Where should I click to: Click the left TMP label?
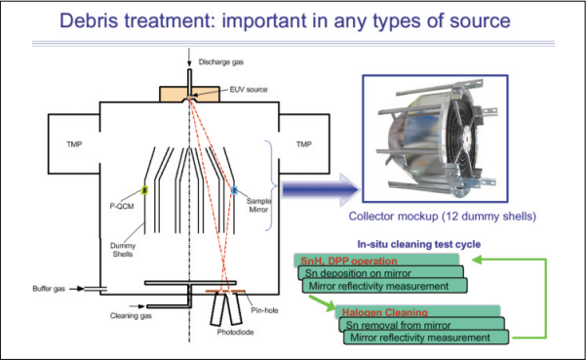pyautogui.click(x=74, y=144)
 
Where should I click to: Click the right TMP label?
pyautogui.click(x=304, y=144)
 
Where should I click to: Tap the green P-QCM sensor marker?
pyautogui.click(x=144, y=190)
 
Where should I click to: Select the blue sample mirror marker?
pyautogui.click(x=234, y=190)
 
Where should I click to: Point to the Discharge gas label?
pyautogui.click(x=221, y=62)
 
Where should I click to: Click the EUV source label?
pyautogui.click(x=249, y=90)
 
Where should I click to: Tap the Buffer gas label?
pyautogui.click(x=49, y=289)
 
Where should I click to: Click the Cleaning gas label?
pyautogui.click(x=131, y=316)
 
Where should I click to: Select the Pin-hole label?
pyautogui.click(x=264, y=310)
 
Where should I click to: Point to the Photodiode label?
pyautogui.click(x=235, y=332)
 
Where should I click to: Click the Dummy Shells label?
pyautogui.click(x=123, y=250)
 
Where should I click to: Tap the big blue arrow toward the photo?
pyautogui.click(x=320, y=190)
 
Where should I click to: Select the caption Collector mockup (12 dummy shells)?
pyautogui.click(x=443, y=216)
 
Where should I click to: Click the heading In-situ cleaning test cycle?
pyautogui.click(x=419, y=244)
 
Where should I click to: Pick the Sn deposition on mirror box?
pyautogui.click(x=381, y=272)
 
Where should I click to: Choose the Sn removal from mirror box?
pyautogui.click(x=422, y=324)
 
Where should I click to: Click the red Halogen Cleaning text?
pyautogui.click(x=385, y=312)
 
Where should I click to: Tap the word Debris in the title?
pyautogui.click(x=89, y=20)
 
